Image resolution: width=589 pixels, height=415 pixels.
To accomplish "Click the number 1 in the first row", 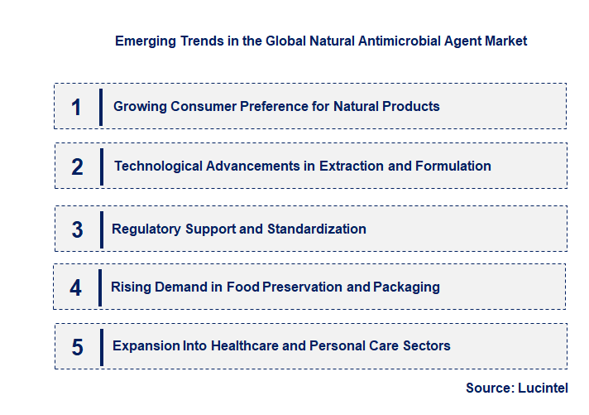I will (x=77, y=107).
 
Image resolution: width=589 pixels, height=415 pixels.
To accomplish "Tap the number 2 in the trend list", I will (x=77, y=166).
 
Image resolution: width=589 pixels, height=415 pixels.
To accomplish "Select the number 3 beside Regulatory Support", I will (x=77, y=229).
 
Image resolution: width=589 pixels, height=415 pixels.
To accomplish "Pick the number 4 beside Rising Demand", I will (x=76, y=288).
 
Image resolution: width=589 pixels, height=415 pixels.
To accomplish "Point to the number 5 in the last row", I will (x=77, y=347).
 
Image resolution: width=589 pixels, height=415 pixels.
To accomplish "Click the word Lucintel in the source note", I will (x=544, y=388).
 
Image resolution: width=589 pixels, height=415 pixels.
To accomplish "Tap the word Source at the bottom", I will (x=489, y=388).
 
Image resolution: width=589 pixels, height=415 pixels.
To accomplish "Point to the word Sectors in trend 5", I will (x=425, y=345).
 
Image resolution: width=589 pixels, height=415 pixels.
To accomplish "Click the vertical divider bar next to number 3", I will (x=101, y=229).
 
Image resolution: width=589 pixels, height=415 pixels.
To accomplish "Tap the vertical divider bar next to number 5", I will (x=101, y=346).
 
